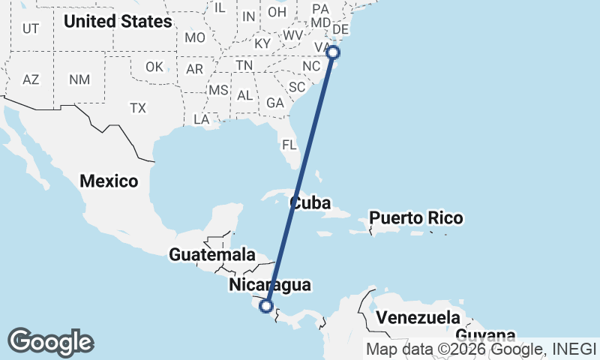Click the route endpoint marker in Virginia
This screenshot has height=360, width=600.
(333, 52)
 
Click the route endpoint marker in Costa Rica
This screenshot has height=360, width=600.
(265, 305)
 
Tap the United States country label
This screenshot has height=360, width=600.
(118, 22)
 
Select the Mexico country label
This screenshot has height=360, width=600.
(109, 181)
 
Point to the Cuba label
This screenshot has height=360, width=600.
(310, 202)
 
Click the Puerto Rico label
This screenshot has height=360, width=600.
(416, 219)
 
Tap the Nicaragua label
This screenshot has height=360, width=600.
(269, 285)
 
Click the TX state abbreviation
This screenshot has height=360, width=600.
(137, 108)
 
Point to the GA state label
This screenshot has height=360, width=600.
(274, 103)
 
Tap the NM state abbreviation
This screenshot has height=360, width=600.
(79, 79)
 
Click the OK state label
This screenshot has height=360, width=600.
(154, 67)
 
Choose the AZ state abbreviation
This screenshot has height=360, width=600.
(31, 79)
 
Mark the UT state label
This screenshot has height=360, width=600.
(31, 28)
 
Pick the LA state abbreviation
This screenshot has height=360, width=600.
(201, 119)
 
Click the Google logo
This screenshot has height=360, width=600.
(51, 342)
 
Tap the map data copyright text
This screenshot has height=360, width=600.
(481, 349)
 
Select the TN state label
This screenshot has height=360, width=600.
(244, 66)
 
